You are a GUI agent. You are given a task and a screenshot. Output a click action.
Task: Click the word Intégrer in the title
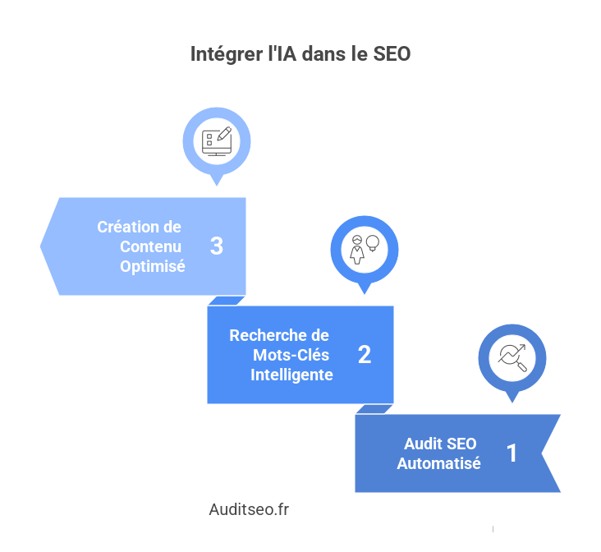(x=222, y=55)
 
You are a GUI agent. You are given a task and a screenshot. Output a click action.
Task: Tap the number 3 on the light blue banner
(x=217, y=246)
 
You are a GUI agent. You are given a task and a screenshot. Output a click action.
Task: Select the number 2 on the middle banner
(x=365, y=355)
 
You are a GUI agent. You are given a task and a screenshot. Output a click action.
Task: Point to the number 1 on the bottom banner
(x=512, y=453)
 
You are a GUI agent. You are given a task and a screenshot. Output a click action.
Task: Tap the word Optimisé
(x=153, y=266)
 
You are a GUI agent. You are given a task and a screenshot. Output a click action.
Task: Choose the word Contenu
(x=151, y=246)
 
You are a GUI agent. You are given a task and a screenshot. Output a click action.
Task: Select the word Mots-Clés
(x=294, y=355)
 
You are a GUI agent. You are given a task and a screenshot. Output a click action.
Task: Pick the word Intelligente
(x=291, y=375)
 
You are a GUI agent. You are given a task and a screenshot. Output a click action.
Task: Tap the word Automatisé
(x=439, y=463)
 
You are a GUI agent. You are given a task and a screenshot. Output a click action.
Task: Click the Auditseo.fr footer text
(x=249, y=510)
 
